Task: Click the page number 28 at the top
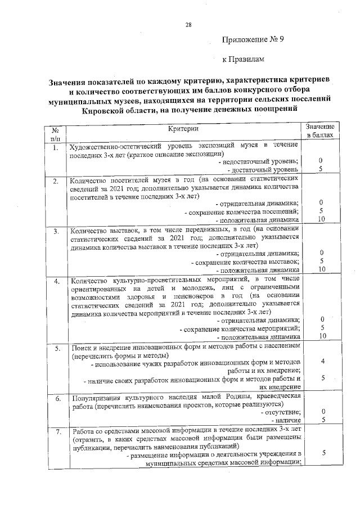[188, 25]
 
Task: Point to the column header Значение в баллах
[320, 131]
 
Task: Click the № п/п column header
[55, 133]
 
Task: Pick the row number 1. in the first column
[55, 147]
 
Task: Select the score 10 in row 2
[320, 219]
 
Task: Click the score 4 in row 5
[320, 361]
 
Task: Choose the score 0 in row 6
[320, 412]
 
